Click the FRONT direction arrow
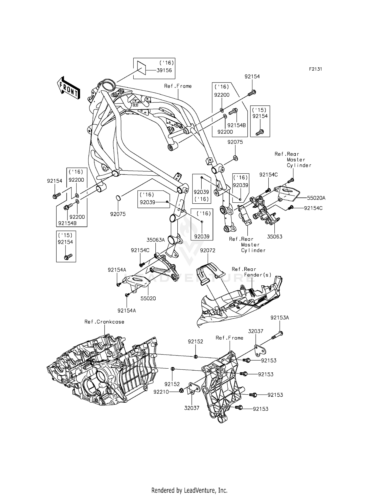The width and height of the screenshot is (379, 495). click(x=69, y=88)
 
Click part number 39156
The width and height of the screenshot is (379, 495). click(x=164, y=70)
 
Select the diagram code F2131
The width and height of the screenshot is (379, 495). click(x=315, y=69)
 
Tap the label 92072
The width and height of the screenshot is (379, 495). click(x=207, y=251)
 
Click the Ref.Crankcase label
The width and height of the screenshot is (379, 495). click(x=104, y=322)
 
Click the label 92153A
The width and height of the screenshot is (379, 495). click(x=279, y=318)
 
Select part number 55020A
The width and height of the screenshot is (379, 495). click(x=316, y=198)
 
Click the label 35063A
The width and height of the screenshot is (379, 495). click(x=156, y=240)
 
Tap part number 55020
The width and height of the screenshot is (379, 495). click(x=148, y=298)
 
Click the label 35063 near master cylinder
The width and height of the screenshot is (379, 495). click(x=275, y=237)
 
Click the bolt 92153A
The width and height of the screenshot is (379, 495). click(x=277, y=335)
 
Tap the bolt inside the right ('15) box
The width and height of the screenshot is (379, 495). click(x=259, y=132)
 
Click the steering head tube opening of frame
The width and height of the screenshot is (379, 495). click(x=109, y=83)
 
